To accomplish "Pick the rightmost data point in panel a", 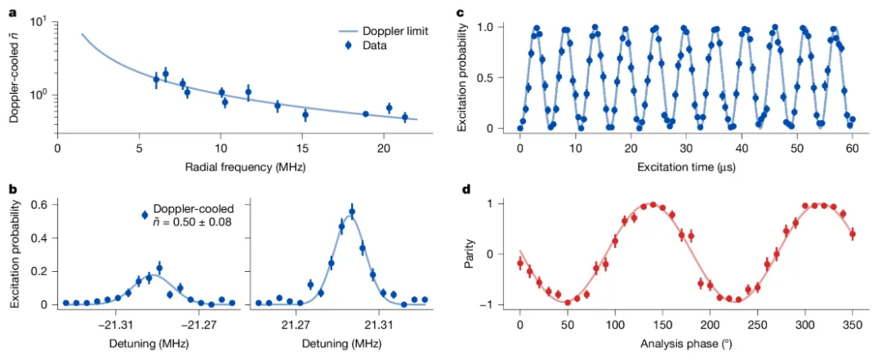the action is [404, 117].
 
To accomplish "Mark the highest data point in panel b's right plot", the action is [352, 212].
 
